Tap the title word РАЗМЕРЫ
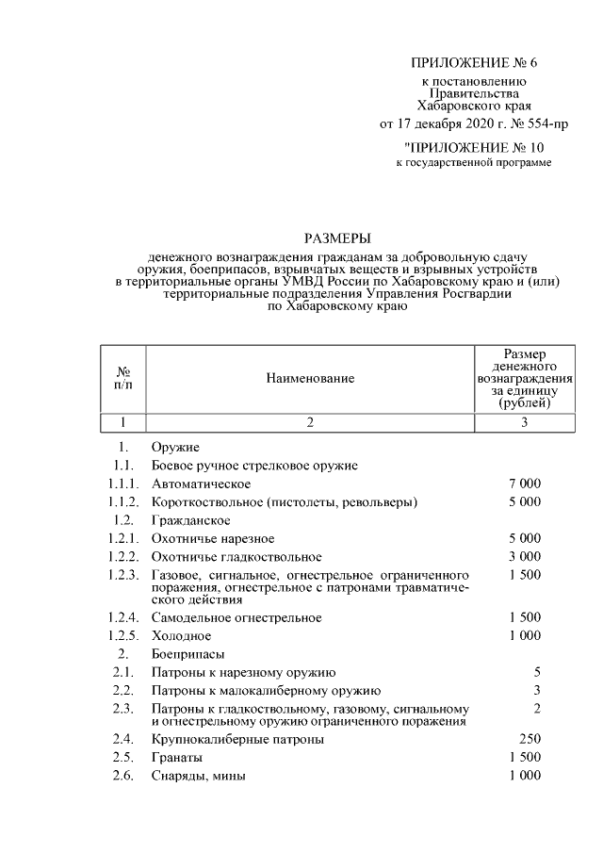336,238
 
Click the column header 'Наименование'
309,378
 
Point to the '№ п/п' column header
123,378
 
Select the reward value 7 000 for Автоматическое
524,484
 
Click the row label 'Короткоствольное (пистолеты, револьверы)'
284,501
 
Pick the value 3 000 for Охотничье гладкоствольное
524,557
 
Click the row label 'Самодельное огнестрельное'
236,617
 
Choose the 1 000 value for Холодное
524,635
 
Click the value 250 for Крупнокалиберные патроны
529,740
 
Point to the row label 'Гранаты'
176,758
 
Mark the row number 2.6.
121,776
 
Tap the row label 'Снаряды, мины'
198,776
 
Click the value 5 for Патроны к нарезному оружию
536,672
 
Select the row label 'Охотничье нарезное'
213,538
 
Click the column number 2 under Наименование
309,422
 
